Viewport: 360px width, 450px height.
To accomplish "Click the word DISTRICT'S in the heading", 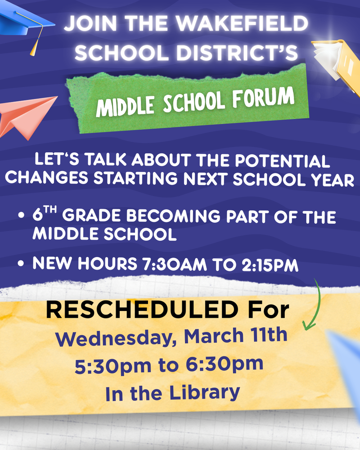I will coord(237,53).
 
